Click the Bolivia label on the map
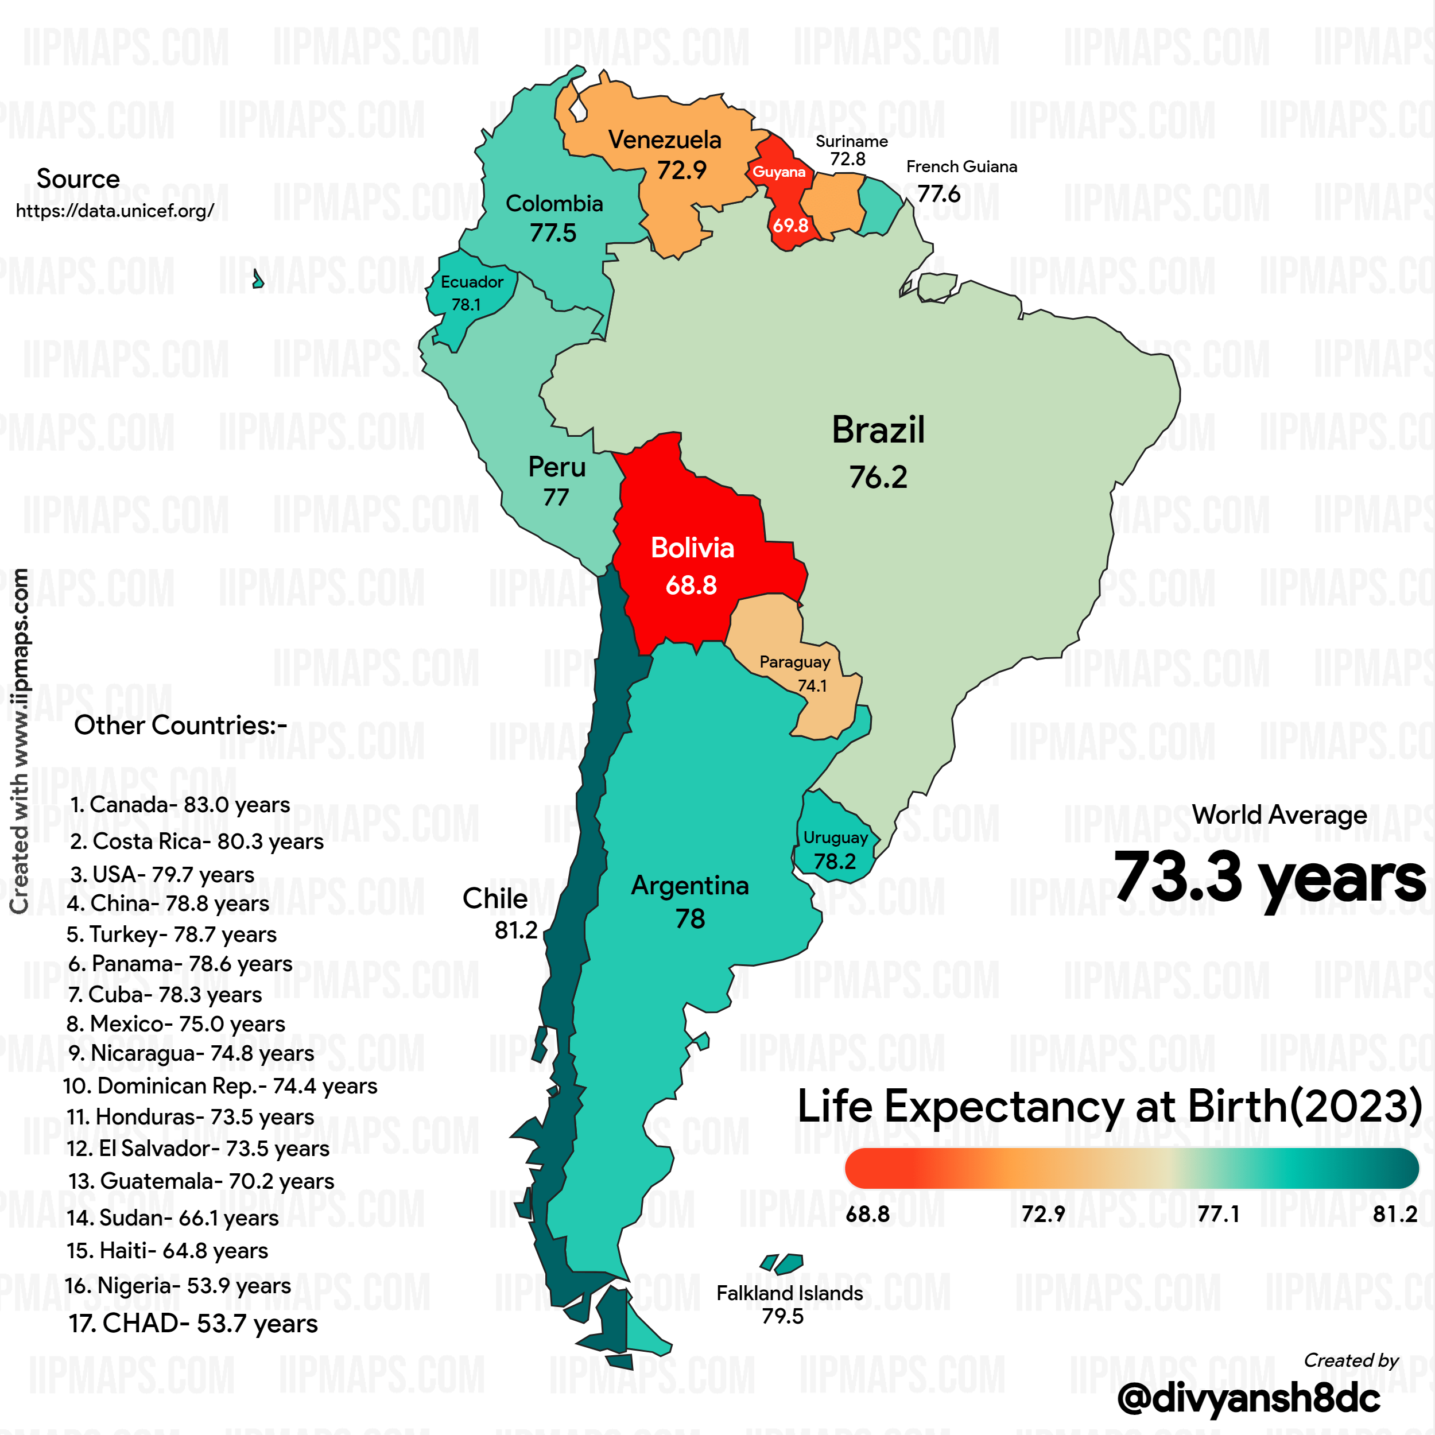point(692,548)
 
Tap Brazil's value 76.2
point(878,478)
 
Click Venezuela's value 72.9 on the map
point(681,170)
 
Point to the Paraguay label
point(795,662)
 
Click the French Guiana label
point(961,166)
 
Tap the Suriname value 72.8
point(847,159)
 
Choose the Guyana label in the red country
point(778,172)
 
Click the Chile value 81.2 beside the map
point(515,930)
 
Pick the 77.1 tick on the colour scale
point(1218,1213)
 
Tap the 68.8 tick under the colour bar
point(867,1213)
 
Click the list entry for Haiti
point(167,1251)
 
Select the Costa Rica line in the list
point(197,841)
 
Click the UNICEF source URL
point(115,211)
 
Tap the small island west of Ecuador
point(258,280)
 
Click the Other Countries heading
point(180,725)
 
